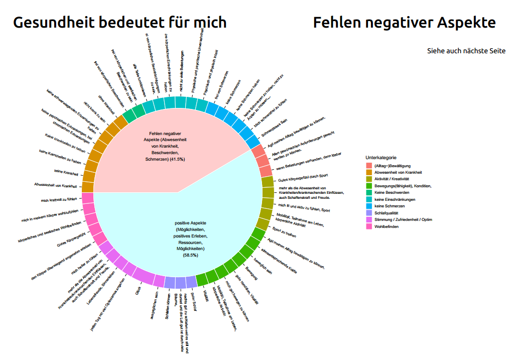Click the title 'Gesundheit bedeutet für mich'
coord(119,23)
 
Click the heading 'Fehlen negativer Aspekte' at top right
coord(404,23)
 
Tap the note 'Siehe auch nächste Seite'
coord(466,51)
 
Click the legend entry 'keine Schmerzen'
coord(390,206)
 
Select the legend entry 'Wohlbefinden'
coord(388,226)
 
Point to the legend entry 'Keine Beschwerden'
coord(392,193)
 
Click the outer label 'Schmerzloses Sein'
coord(274,128)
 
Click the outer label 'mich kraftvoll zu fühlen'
coord(59,200)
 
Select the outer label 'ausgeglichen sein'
coord(154,302)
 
